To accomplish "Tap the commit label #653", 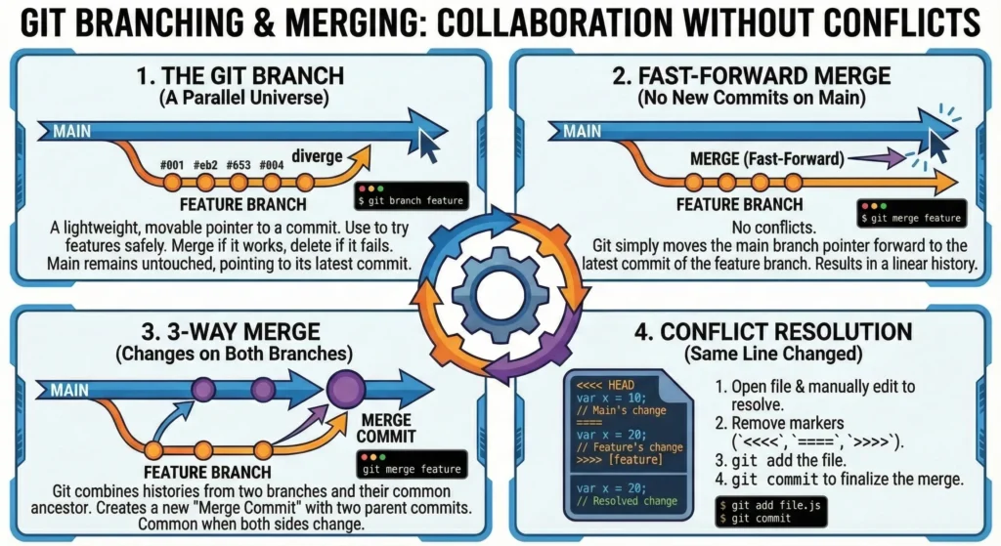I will coord(239,165).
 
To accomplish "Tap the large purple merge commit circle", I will coord(343,389).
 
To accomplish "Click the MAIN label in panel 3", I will coord(70,390).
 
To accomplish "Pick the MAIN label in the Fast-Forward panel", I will coord(583,131).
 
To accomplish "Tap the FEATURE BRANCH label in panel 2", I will coord(739,205).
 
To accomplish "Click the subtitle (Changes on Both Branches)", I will coord(245,351).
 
